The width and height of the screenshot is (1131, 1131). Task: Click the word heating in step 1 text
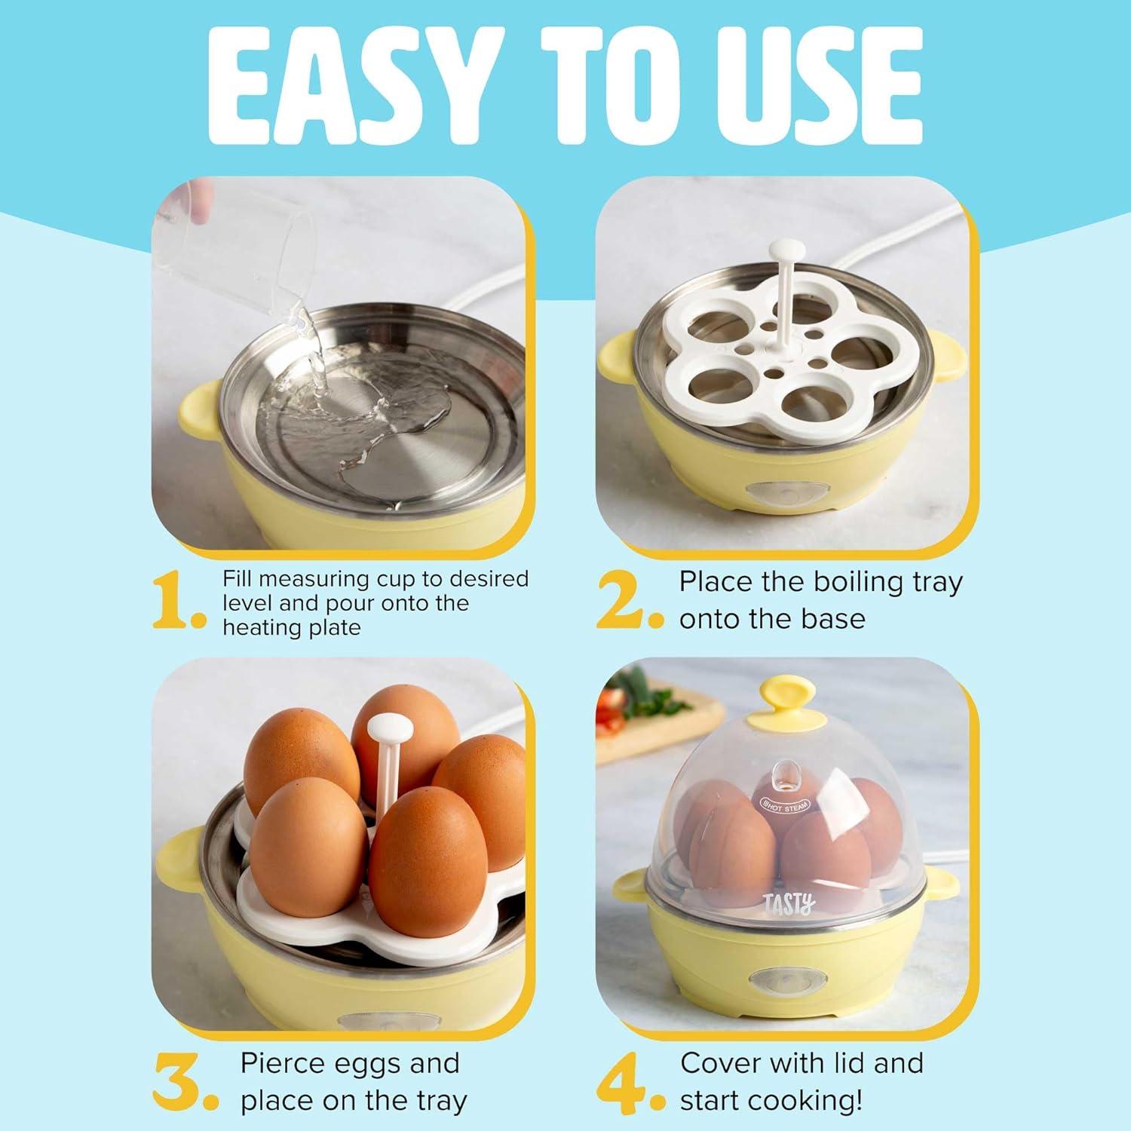pyautogui.click(x=256, y=627)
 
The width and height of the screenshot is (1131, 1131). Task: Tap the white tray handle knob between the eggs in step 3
pyautogui.click(x=388, y=728)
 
